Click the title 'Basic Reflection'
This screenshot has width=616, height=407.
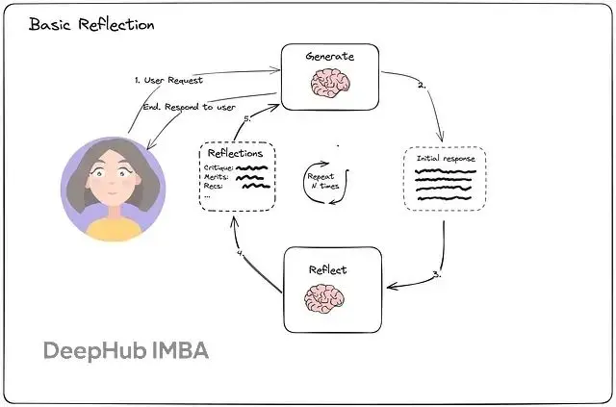pyautogui.click(x=91, y=24)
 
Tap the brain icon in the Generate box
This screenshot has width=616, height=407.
pyautogui.click(x=329, y=85)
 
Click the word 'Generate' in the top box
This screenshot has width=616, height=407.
pyautogui.click(x=329, y=57)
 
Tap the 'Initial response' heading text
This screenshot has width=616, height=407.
pyautogui.click(x=446, y=156)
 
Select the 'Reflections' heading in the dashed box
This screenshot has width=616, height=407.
pyautogui.click(x=236, y=153)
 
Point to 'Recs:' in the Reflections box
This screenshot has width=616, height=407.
pyautogui.click(x=215, y=187)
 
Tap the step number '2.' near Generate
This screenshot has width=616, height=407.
pyautogui.click(x=421, y=86)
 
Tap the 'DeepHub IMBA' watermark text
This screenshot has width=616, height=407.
pyautogui.click(x=125, y=350)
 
